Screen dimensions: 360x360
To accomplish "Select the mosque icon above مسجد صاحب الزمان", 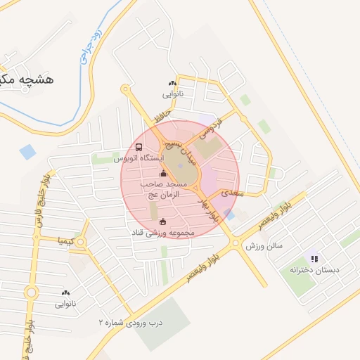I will click(163, 173).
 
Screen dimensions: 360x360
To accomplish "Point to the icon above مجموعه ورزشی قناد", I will click(153, 221).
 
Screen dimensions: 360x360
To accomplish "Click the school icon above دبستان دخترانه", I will click(314, 259).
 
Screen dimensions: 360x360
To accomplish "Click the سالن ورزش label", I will click(263, 246).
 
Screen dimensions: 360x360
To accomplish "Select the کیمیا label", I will click(67, 240).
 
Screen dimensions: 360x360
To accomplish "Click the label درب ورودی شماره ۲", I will click(130, 322).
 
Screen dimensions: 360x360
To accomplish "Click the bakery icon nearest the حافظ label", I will click(172, 83).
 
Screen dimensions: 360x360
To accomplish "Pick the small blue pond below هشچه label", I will click(27, 151).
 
